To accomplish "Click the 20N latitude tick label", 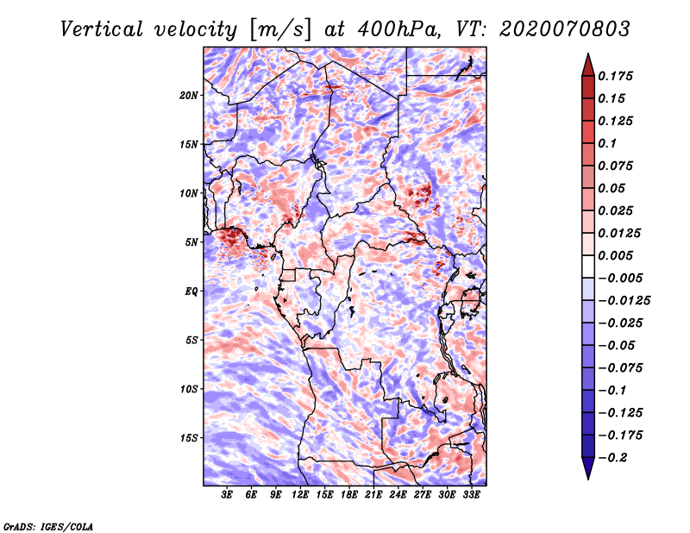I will (189, 95).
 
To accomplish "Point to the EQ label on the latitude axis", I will (191, 292).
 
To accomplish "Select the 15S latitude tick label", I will (189, 438).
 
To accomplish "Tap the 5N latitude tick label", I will (191, 242).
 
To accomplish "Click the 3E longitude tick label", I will (228, 495).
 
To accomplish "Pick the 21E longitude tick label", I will (373, 495).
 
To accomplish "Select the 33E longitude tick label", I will (471, 495).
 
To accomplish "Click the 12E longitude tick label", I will (300, 495).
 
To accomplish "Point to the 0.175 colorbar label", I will (617, 76).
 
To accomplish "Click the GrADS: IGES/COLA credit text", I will (47, 525).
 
